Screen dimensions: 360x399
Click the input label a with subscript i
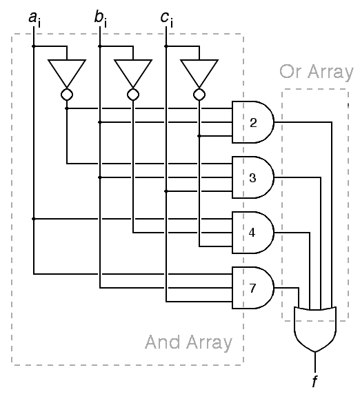tap(34, 19)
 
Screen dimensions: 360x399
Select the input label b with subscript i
tap(101, 19)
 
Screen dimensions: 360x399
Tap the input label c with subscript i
tap(167, 19)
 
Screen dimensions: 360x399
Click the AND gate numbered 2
tap(253, 122)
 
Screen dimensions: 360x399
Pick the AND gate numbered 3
tap(253, 177)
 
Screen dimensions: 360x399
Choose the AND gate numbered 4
tap(253, 233)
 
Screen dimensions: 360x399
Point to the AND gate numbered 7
tap(253, 288)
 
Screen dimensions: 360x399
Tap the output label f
tap(315, 381)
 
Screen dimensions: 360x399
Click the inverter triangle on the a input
tap(67, 71)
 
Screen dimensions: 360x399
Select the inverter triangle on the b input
tap(133, 71)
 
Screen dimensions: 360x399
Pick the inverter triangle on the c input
tap(199, 71)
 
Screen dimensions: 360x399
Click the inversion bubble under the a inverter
tap(67, 95)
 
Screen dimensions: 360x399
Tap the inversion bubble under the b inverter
tap(133, 95)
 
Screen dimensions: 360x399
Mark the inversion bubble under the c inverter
tap(199, 95)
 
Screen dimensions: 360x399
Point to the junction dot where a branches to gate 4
tap(34, 219)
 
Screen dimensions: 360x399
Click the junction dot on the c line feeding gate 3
tap(166, 191)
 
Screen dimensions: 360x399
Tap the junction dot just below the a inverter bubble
tap(67, 108)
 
